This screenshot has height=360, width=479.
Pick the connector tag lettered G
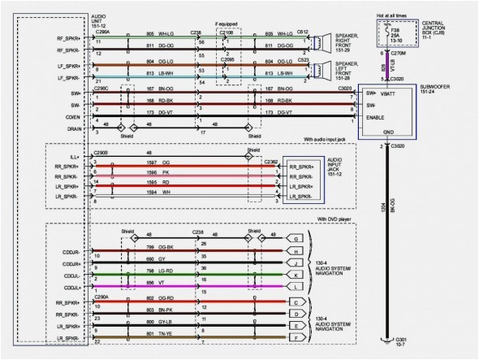(x=297, y=238)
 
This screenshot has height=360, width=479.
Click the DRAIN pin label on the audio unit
(x=73, y=129)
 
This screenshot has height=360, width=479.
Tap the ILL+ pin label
(x=74, y=153)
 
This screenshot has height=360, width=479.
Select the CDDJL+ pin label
(x=71, y=288)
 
